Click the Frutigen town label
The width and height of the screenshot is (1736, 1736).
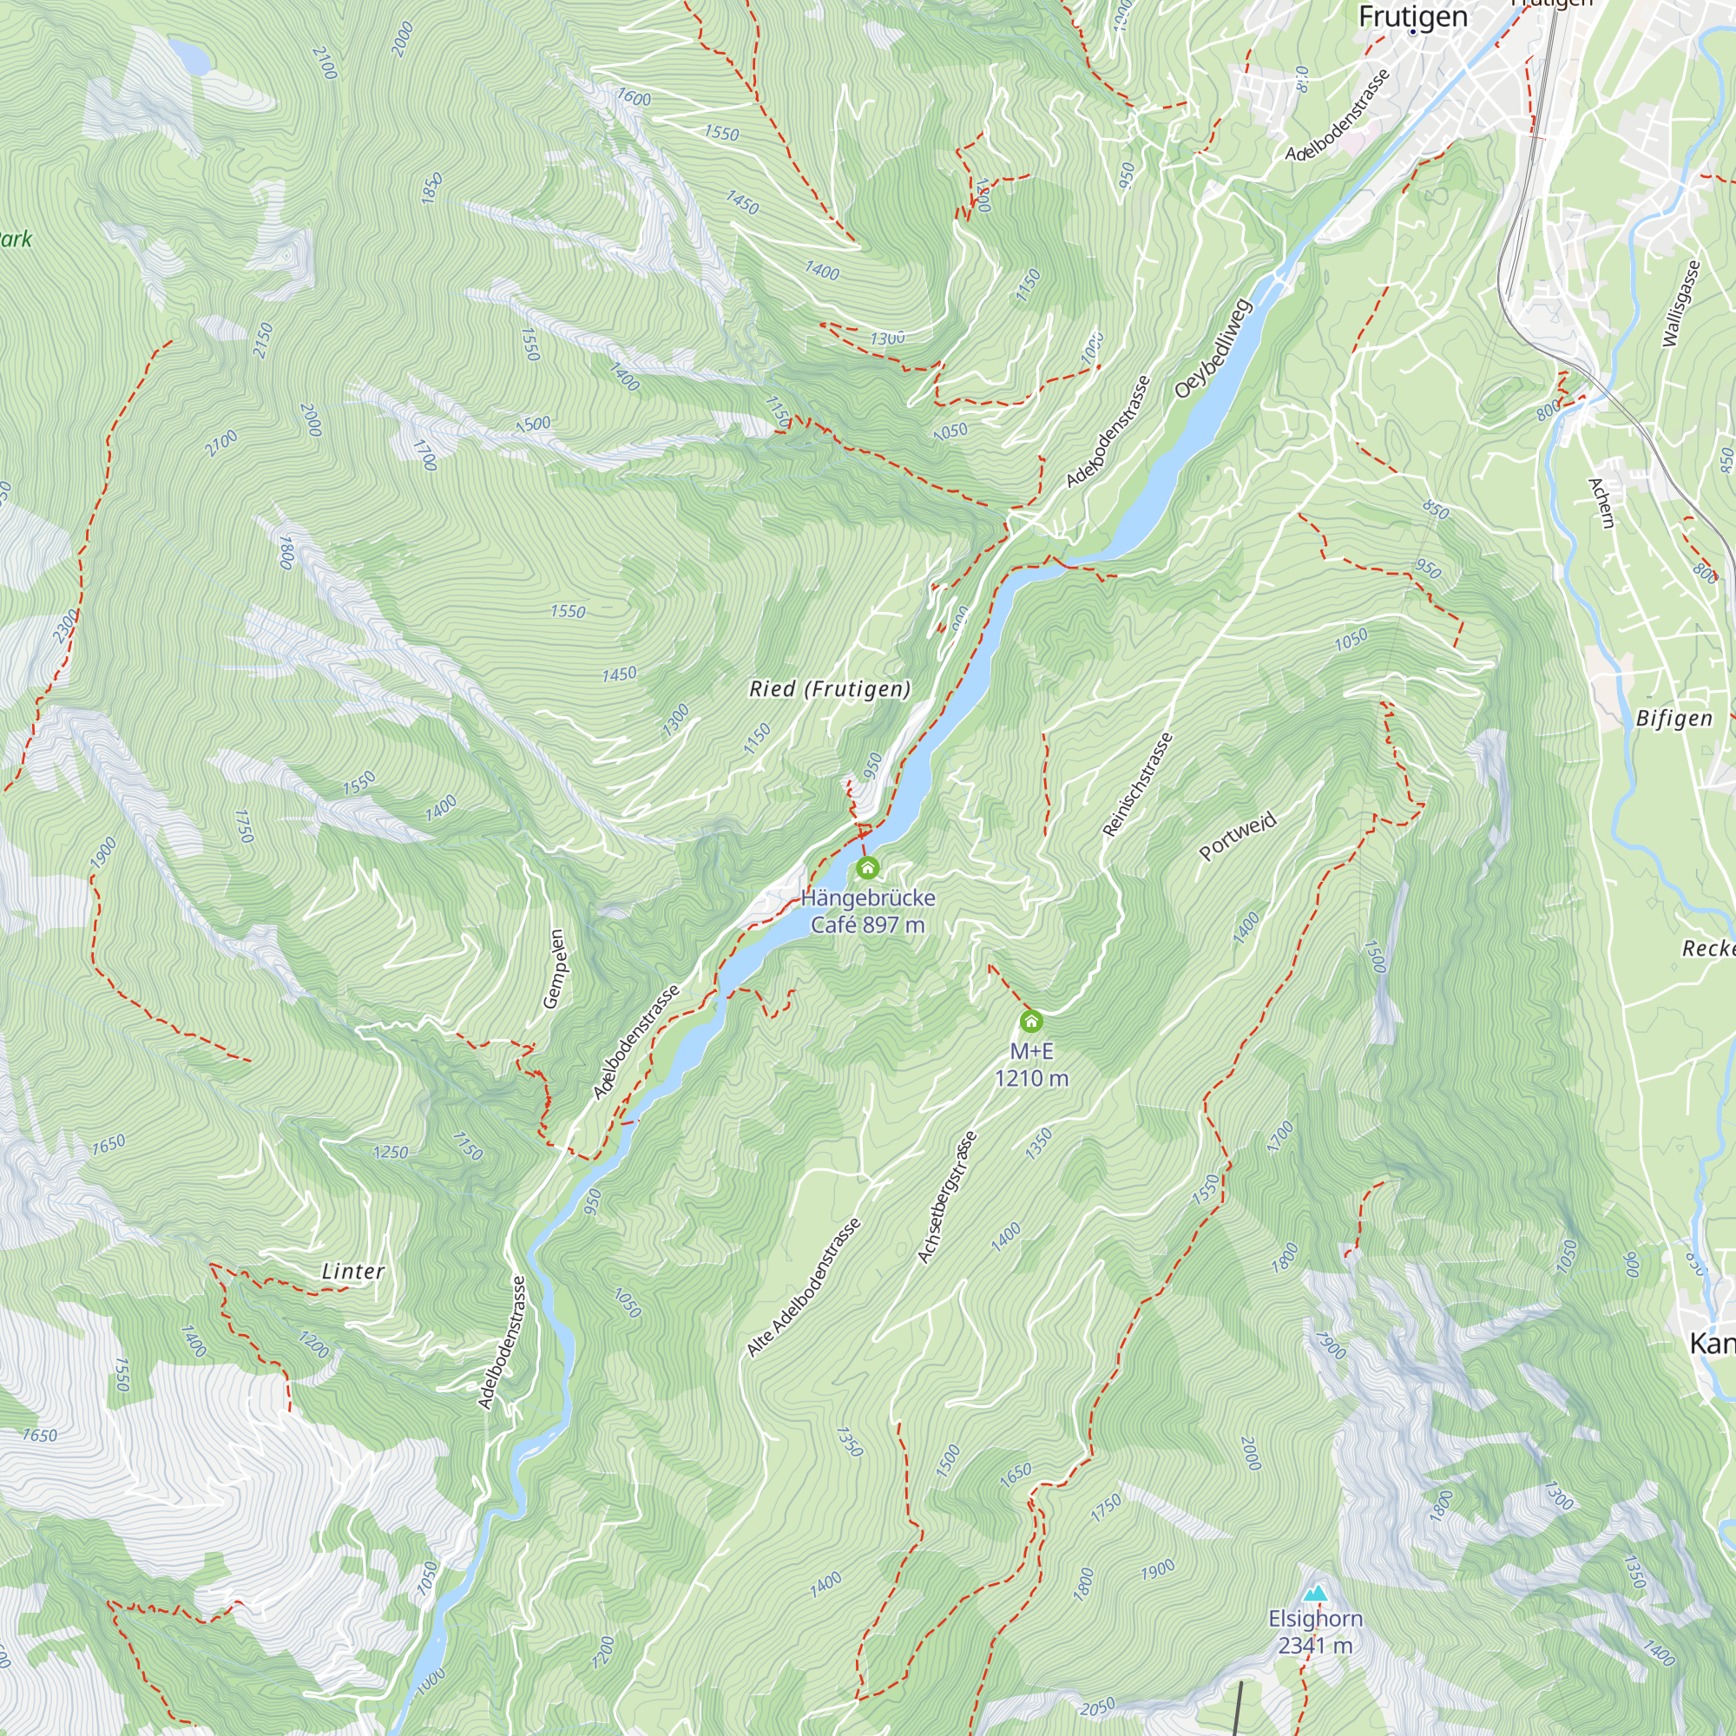(x=1412, y=16)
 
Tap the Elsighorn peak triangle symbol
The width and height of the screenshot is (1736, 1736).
(x=1316, y=1593)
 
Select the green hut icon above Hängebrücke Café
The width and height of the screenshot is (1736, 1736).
(x=867, y=868)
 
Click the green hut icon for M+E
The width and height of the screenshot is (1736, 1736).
(x=1031, y=1022)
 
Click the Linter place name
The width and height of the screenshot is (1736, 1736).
(x=353, y=1272)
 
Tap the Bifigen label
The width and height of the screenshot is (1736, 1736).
(x=1674, y=718)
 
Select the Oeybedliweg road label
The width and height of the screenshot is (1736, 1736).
(x=1213, y=349)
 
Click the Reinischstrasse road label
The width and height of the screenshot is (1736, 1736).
(x=1138, y=785)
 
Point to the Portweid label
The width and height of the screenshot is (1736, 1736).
(x=1239, y=837)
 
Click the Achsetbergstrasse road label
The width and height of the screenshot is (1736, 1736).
(x=947, y=1198)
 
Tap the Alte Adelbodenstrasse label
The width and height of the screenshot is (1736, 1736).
(x=805, y=1286)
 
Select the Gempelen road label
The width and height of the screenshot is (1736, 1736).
(x=556, y=969)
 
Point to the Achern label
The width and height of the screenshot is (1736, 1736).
(x=1601, y=503)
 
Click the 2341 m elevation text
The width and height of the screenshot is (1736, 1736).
(x=1316, y=1645)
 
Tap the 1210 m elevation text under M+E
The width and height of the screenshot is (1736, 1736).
(x=1031, y=1077)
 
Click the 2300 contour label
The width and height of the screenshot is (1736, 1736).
(x=67, y=627)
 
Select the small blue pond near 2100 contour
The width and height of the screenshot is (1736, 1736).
(x=189, y=57)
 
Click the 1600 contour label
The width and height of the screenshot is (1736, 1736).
(x=634, y=97)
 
